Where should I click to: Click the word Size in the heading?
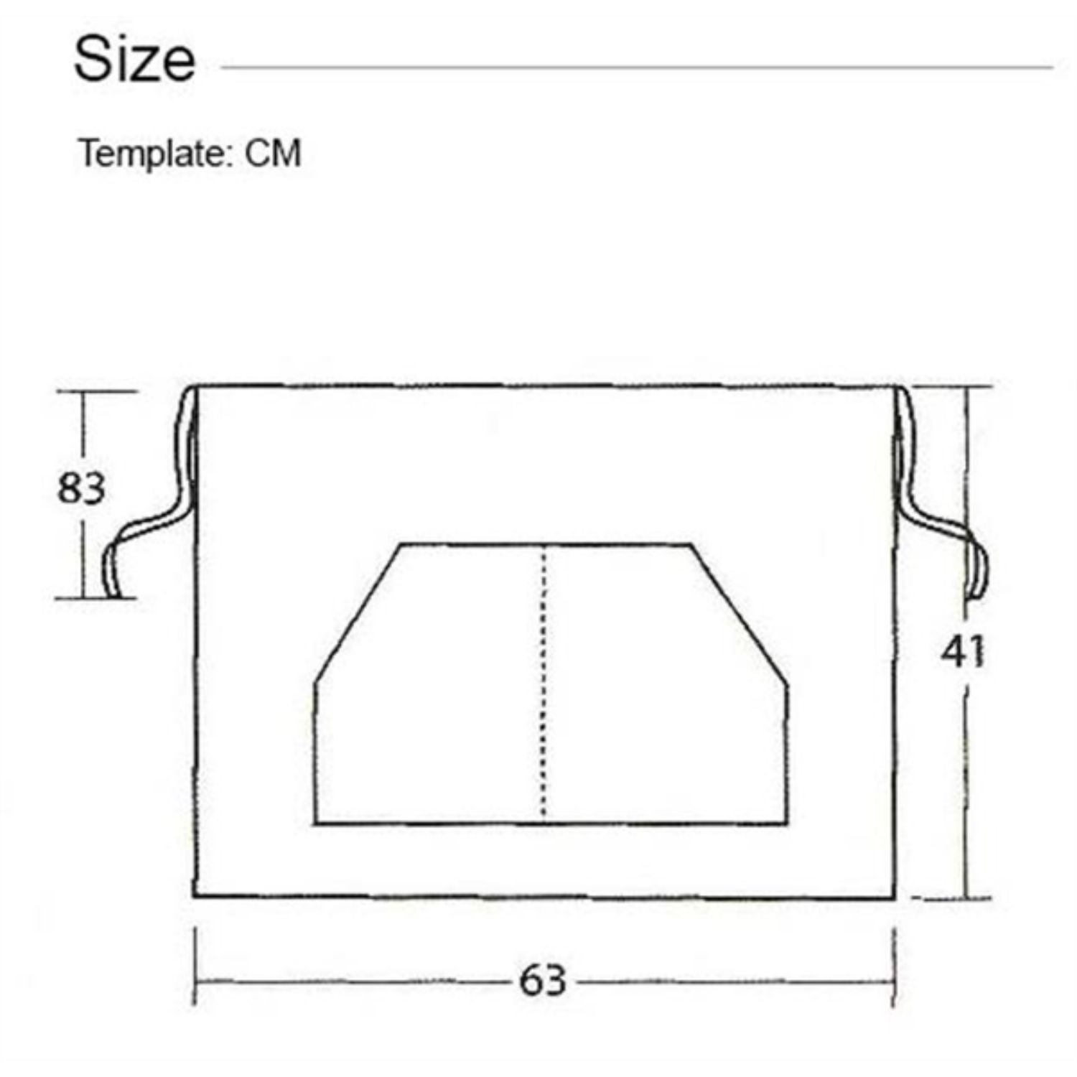134,59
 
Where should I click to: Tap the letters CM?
273,153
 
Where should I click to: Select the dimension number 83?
81,488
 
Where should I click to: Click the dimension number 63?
543,980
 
